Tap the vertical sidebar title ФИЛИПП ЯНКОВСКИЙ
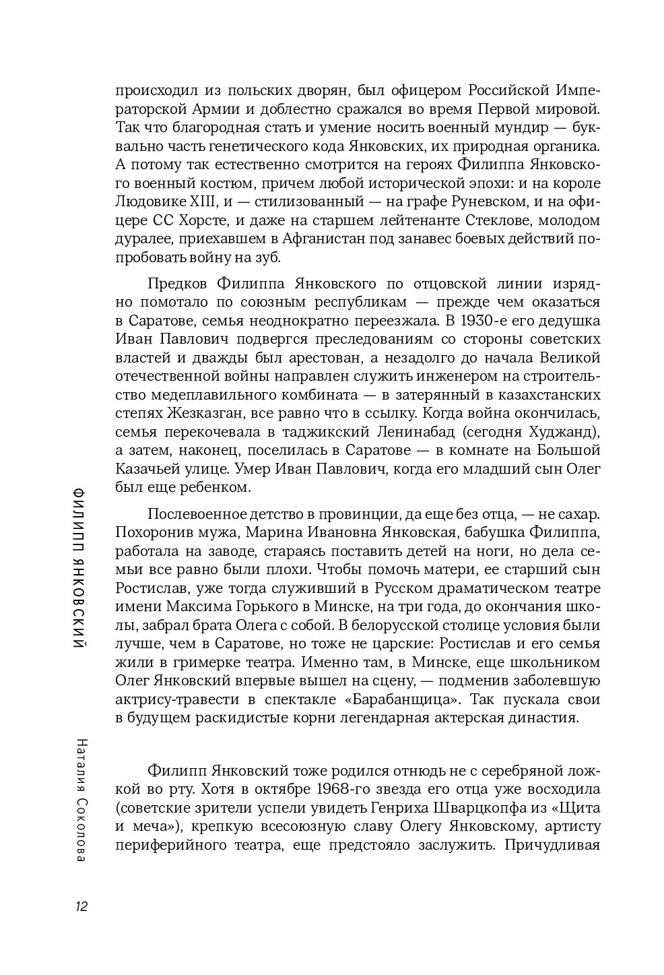[x=81, y=565]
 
